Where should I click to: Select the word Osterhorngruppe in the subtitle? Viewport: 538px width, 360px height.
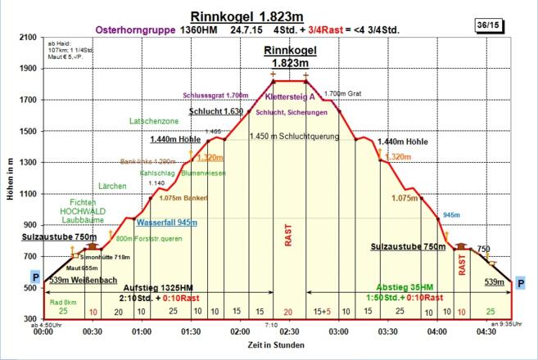point(133,29)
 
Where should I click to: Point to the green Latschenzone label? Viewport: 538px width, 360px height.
point(155,120)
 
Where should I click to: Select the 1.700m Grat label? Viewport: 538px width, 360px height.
point(341,94)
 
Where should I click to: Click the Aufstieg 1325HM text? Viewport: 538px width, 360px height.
point(156,287)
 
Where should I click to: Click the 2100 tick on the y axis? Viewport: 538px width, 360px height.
point(29,38)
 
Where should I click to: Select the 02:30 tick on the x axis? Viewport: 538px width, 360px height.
point(287,331)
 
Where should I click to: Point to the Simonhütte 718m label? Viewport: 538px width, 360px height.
point(96,257)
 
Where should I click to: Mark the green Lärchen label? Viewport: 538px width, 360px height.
point(112,186)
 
